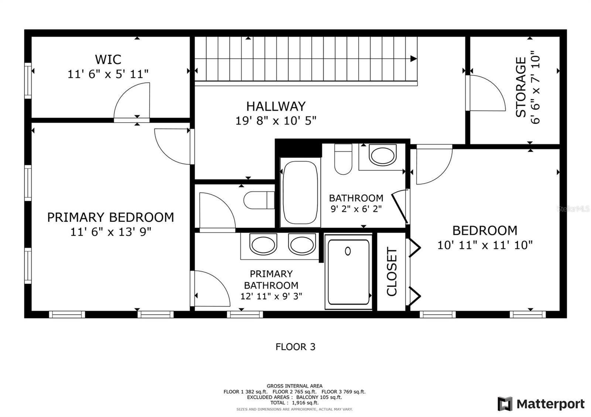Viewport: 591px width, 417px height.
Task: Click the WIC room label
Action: tap(108, 59)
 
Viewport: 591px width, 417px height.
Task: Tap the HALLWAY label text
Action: tap(276, 107)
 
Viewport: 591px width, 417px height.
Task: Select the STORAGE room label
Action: tap(521, 87)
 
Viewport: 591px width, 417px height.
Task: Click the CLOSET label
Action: tap(392, 271)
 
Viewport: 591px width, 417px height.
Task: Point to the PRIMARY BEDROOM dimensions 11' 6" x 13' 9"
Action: tap(111, 232)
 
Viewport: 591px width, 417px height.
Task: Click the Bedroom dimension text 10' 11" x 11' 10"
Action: tap(485, 245)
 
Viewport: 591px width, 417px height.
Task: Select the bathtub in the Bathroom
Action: tap(300, 193)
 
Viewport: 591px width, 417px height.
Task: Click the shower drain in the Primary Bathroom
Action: tap(348, 251)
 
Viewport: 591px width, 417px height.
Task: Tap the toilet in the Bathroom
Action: tap(343, 159)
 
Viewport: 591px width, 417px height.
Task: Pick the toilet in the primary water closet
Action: tap(259, 200)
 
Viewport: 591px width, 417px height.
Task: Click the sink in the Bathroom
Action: tap(383, 155)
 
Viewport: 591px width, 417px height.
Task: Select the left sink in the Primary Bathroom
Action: tap(263, 244)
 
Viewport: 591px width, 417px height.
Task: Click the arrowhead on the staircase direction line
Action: tap(413, 59)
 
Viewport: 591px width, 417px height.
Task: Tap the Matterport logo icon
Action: tap(505, 404)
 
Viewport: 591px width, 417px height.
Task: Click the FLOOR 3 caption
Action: tap(295, 347)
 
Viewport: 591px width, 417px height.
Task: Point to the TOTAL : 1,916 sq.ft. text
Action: tap(294, 403)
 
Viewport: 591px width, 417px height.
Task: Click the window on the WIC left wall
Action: tap(28, 81)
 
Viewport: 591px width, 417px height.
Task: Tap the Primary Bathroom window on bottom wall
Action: tap(245, 314)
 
